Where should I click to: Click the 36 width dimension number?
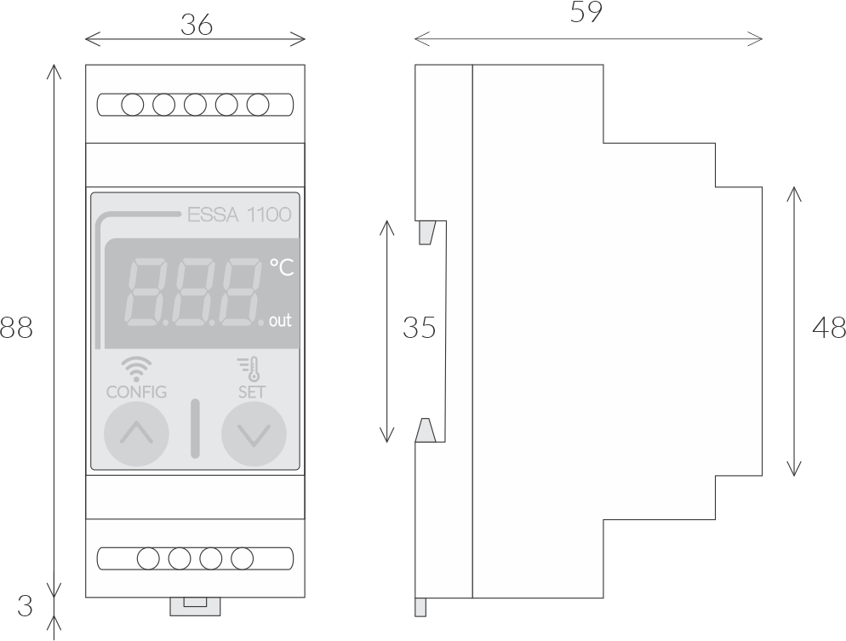coord(197,25)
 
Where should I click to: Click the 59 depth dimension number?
coord(586,12)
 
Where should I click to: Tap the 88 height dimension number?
coord(16,328)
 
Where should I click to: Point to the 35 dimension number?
coord(420,328)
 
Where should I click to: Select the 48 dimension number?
coord(829,328)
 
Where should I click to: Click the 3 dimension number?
coord(25,606)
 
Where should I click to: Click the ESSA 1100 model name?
coord(239,215)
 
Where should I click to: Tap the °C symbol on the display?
coord(282,267)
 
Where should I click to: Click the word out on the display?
coord(280,320)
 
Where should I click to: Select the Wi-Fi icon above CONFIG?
coord(136,369)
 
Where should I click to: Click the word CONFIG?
coord(136,392)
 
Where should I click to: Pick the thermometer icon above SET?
coord(249,369)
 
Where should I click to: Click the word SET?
coord(252,392)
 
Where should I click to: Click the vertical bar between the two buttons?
coord(195,429)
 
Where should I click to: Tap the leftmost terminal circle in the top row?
coord(133,105)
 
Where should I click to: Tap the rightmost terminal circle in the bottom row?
coord(243,559)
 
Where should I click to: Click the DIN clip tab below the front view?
coord(195,606)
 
